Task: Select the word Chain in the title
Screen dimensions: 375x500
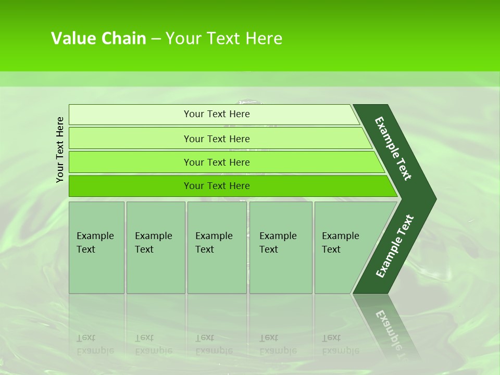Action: (123, 39)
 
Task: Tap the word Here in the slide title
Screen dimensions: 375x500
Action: (264, 39)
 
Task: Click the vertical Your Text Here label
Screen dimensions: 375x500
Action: (60, 149)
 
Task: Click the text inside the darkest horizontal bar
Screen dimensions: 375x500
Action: (217, 186)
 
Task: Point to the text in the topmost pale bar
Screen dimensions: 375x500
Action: (217, 114)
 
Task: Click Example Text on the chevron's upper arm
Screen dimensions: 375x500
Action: (393, 148)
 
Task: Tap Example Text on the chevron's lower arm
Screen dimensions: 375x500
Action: (394, 246)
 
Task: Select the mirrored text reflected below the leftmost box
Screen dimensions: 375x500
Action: (95, 344)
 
